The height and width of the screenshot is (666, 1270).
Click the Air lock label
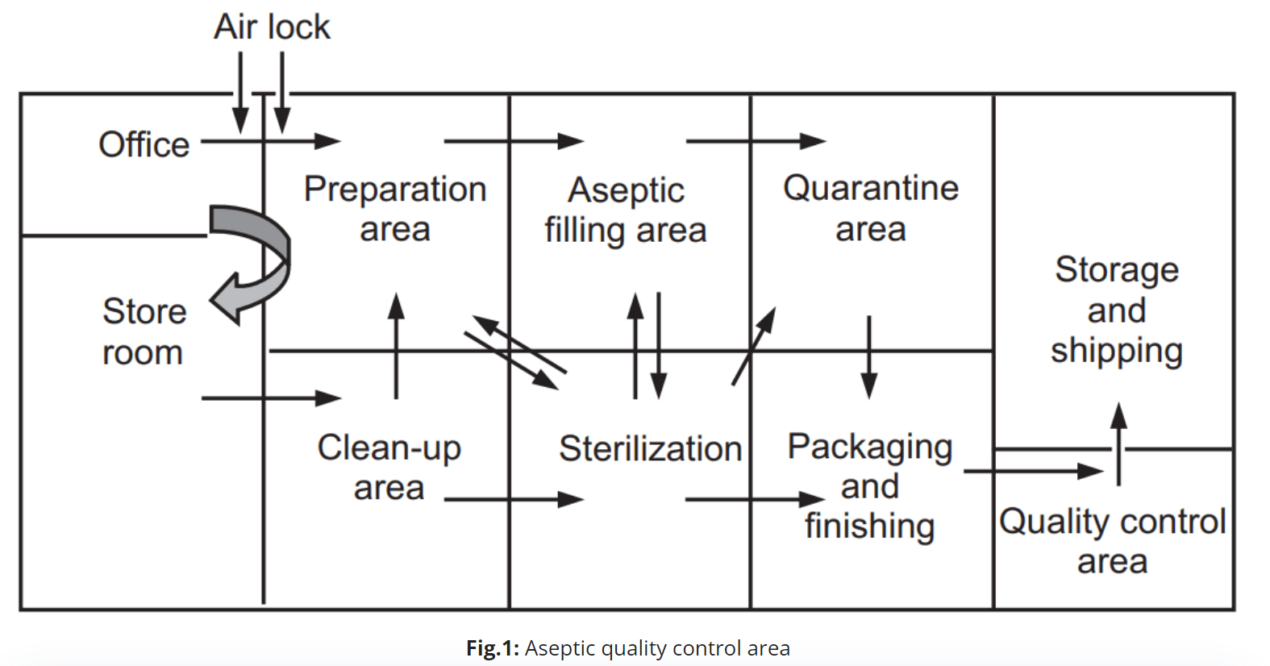point(272,27)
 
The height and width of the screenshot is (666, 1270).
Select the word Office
point(144,145)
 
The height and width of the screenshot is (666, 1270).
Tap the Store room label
point(144,331)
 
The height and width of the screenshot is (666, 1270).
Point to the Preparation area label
point(395,209)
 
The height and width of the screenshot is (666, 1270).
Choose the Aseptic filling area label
point(626,210)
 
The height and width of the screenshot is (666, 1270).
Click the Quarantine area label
point(871,208)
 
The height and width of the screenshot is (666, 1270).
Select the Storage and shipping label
point(1117,310)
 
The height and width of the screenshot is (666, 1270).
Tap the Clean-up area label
point(389,467)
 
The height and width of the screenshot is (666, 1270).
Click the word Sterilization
point(650,448)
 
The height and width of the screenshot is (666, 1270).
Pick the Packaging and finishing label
point(870,486)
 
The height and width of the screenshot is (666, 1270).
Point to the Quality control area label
point(1113,541)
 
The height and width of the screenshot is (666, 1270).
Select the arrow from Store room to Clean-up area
point(271,398)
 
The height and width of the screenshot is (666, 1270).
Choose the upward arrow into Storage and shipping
point(1118,443)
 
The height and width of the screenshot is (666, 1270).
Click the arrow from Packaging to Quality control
point(1033,471)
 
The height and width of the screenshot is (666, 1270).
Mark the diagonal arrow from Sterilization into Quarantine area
point(753,346)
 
